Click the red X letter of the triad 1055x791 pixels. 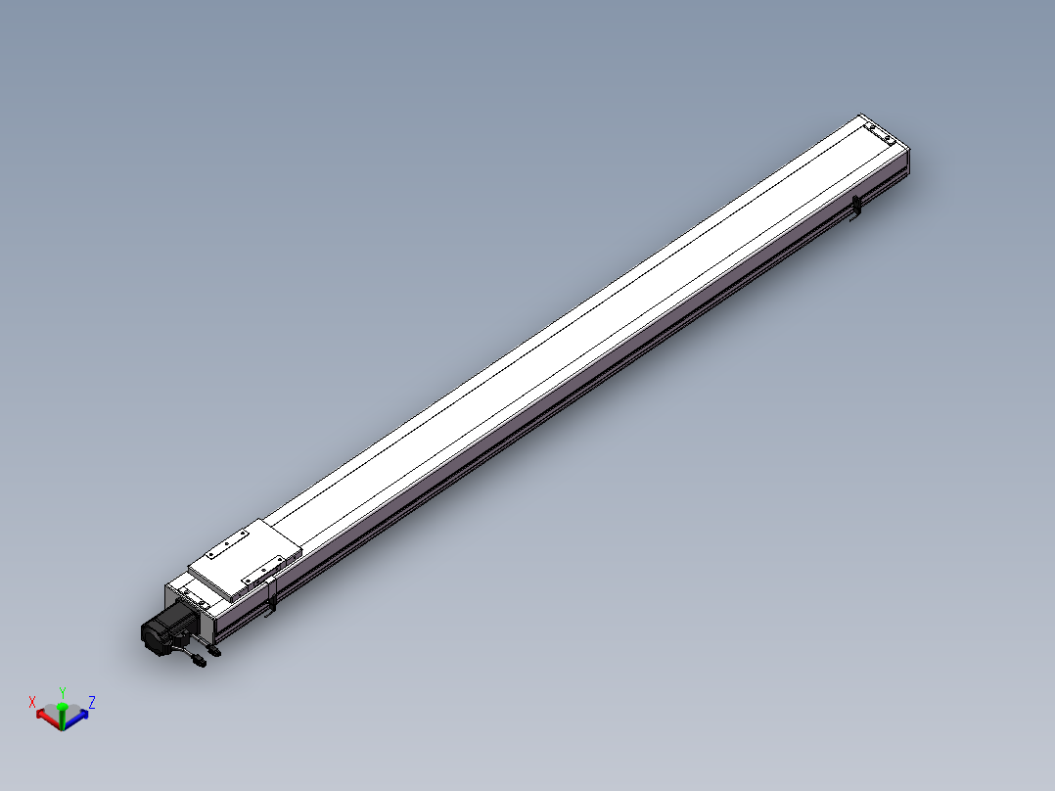(32, 702)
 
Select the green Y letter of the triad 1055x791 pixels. (63, 692)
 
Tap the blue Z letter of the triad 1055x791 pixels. (92, 702)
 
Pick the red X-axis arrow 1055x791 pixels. (43, 716)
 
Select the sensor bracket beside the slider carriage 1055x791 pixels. (272, 596)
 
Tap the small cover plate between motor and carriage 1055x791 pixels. (195, 596)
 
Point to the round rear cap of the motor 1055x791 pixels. (151, 637)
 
